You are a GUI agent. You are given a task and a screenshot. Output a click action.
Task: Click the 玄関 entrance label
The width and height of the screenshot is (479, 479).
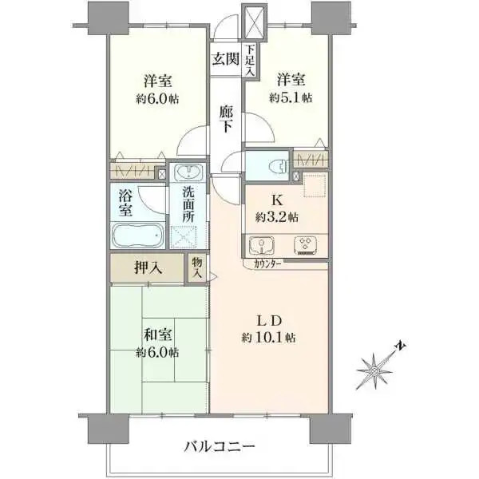pos(225,58)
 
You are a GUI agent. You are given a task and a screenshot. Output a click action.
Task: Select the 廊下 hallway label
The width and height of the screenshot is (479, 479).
pos(227,120)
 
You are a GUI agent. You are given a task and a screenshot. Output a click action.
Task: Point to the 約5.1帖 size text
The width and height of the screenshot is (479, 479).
pos(291,98)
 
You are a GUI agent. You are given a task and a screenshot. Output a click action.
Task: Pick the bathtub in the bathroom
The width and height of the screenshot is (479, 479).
pos(138,237)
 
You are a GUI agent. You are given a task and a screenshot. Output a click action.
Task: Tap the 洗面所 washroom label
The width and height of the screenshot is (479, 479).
pos(188,205)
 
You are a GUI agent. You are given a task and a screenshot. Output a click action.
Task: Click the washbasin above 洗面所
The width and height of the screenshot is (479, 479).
pos(188,173)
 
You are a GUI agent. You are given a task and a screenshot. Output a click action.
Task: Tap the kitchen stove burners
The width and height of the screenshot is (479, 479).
pos(305,243)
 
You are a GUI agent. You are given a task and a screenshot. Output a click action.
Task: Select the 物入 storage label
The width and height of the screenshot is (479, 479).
pos(196,267)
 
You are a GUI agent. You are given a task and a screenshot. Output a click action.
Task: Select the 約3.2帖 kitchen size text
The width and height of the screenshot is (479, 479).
pos(276,216)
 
